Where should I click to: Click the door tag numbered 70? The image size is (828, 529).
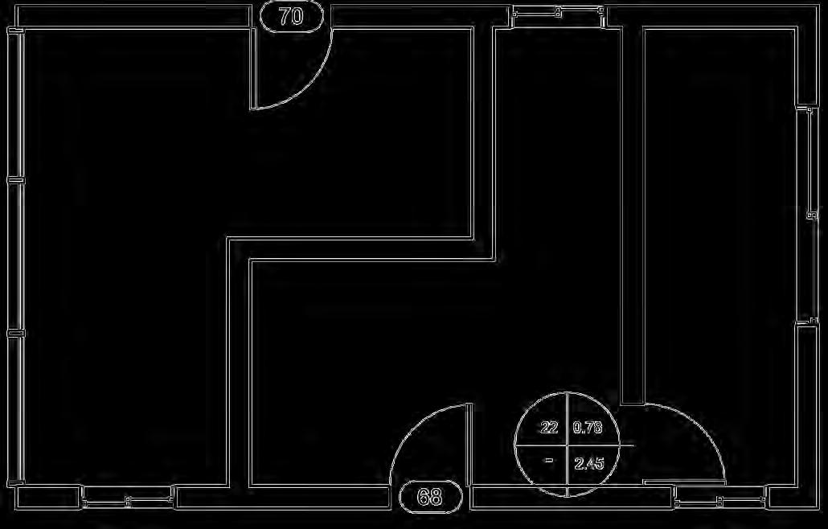(292, 15)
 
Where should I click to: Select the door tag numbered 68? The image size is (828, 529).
(431, 497)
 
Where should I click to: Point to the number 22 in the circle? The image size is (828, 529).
(549, 428)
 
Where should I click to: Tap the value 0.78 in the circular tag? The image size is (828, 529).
(588, 428)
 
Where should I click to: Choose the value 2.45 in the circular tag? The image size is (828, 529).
(588, 463)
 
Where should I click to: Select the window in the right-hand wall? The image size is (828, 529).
(809, 215)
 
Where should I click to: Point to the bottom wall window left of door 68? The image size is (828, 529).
(128, 502)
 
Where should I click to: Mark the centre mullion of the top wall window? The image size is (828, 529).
(558, 11)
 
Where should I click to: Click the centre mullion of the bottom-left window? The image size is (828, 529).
(128, 502)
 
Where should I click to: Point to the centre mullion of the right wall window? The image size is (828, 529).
(810, 215)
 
